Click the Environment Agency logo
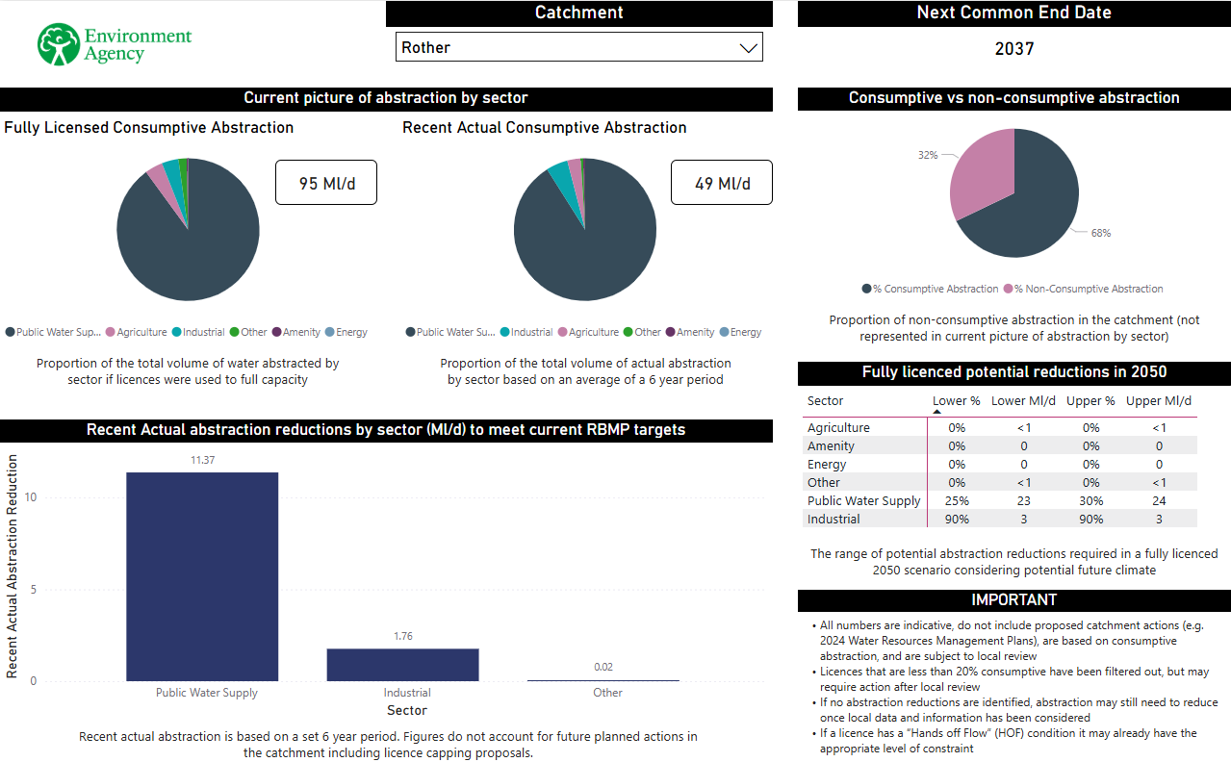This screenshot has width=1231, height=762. point(115,44)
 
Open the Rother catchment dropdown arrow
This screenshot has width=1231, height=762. point(748,48)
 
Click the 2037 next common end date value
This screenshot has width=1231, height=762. point(1013,49)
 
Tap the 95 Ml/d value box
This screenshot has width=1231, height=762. point(326,183)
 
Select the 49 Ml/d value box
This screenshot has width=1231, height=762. point(722,183)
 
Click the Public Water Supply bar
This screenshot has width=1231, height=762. point(202,576)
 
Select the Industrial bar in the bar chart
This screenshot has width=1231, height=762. point(402,665)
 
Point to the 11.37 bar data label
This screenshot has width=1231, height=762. point(202,460)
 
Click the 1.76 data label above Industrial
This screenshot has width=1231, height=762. point(402,636)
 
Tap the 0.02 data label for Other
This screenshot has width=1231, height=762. point(603,667)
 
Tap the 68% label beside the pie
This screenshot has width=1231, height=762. point(1100,233)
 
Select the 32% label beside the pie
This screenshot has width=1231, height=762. point(928,154)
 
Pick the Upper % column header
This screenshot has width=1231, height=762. point(1090,401)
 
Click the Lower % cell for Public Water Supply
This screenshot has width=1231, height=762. point(957,501)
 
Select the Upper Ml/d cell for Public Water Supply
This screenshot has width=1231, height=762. point(1159,501)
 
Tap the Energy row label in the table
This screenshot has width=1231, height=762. point(827,465)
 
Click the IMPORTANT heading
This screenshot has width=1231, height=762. point(1013,600)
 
